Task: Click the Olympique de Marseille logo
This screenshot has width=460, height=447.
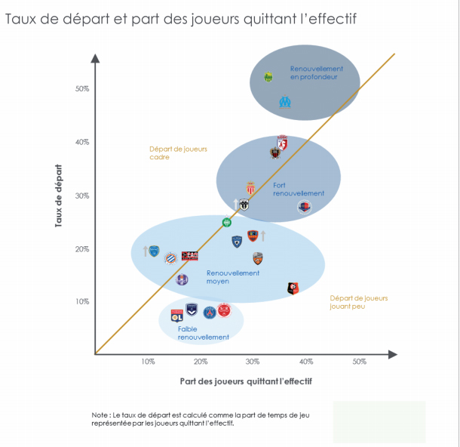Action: point(284,101)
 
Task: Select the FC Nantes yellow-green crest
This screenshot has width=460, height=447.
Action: point(268,77)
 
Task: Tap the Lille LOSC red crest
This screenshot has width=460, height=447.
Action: point(282,142)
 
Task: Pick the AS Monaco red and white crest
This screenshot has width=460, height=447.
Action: point(251,188)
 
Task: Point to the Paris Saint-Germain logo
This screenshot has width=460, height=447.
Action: point(210,312)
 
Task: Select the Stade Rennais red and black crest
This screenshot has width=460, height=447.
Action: point(293,288)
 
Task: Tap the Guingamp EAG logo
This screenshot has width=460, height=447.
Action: point(189,256)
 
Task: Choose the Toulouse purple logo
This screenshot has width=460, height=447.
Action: point(182,279)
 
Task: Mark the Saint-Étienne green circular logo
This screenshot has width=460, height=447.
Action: point(227,222)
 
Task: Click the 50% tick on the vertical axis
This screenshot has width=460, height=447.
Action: point(82,88)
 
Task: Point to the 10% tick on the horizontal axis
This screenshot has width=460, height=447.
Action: point(149,362)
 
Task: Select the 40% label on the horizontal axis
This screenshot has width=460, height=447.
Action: point(306,362)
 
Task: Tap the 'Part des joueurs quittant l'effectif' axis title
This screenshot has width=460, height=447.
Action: point(245,381)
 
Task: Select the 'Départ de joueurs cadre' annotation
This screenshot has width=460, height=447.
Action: point(178,153)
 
